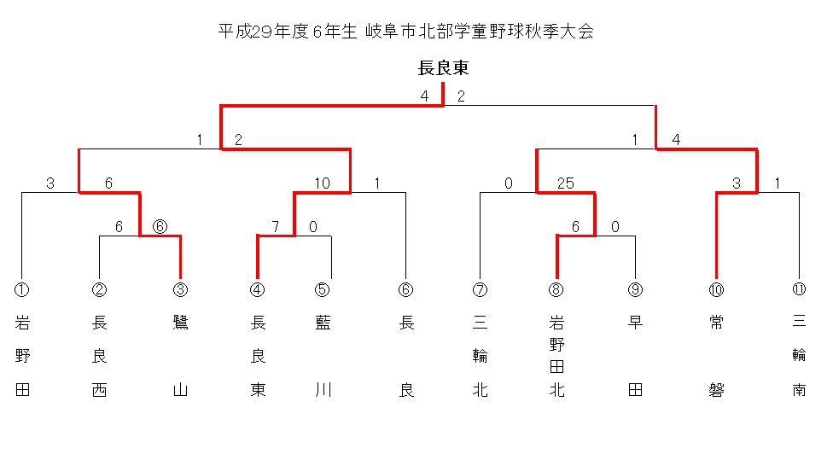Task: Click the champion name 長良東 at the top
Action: tap(443, 67)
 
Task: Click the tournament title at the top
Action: tap(405, 32)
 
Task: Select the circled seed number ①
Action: tap(22, 289)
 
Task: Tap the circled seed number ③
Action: tap(180, 289)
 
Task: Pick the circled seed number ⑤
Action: tap(322, 289)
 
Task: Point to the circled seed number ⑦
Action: tap(480, 289)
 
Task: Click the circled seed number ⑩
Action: tap(715, 289)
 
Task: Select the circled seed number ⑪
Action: tap(799, 289)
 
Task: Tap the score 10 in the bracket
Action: tap(322, 183)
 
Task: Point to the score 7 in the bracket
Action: tap(277, 226)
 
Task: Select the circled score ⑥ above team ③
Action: tap(160, 226)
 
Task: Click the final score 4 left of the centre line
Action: tap(424, 96)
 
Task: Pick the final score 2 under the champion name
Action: tap(462, 96)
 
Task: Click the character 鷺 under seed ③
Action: tap(180, 323)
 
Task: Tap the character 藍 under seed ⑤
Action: tap(322, 323)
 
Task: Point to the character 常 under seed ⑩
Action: tap(715, 323)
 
